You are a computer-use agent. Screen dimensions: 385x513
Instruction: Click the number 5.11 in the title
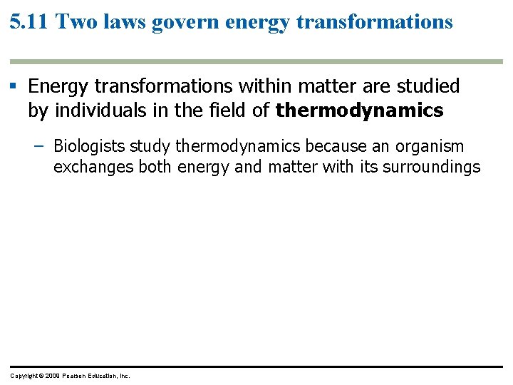click(x=29, y=21)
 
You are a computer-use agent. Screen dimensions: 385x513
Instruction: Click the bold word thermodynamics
click(x=359, y=111)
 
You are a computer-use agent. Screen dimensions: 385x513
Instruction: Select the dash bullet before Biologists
click(x=38, y=147)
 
